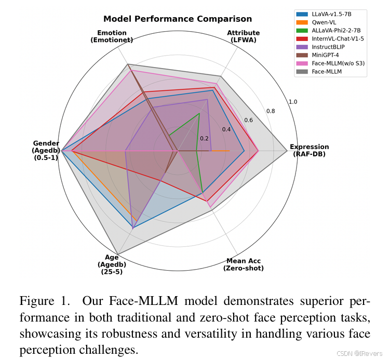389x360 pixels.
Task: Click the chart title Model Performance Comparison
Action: pyautogui.click(x=178, y=19)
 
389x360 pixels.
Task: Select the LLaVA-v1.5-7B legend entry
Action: pyautogui.click(x=329, y=14)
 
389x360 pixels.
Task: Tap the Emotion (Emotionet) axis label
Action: pyautogui.click(x=112, y=36)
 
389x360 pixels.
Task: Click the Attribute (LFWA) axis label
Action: pyautogui.click(x=243, y=36)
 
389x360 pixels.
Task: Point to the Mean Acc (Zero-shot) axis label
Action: pyautogui.click(x=243, y=264)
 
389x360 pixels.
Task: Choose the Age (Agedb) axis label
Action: pyautogui.click(x=112, y=264)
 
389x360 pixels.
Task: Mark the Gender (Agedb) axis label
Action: pyautogui.click(x=46, y=150)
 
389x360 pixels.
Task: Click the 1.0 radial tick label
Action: pyautogui.click(x=293, y=102)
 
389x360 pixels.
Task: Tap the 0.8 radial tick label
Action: pyautogui.click(x=271, y=111)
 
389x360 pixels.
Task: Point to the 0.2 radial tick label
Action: pyautogui.click(x=204, y=139)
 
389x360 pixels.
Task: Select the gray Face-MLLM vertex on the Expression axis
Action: pyautogui.click(x=287, y=151)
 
